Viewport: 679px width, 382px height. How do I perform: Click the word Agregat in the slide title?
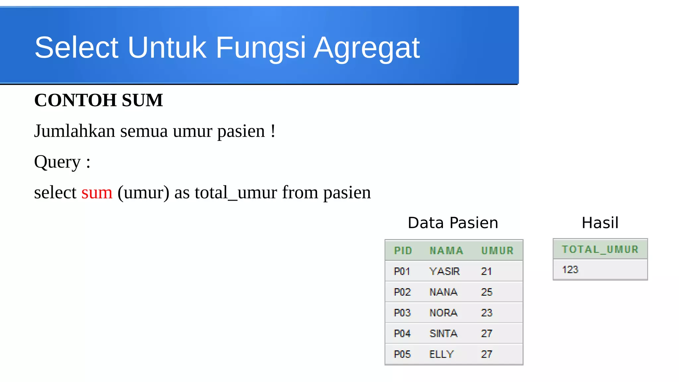366,48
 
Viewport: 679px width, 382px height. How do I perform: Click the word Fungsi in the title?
261,48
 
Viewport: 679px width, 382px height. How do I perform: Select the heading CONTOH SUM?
98,100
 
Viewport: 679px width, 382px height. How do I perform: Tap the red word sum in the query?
97,193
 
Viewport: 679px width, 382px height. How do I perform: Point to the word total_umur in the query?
236,193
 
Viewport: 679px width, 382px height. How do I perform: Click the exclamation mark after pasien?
273,131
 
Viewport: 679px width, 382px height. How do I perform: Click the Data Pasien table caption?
453,223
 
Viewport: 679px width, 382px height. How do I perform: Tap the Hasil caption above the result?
600,223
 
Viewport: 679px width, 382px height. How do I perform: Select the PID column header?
403,250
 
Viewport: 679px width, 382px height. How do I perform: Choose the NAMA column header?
446,250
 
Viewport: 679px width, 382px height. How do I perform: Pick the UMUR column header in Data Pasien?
497,250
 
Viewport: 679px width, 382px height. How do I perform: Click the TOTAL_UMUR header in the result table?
600,249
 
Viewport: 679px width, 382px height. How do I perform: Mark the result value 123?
570,270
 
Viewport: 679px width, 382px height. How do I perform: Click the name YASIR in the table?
444,271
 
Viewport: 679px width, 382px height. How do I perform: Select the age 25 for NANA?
486,292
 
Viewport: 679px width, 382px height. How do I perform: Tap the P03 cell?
402,313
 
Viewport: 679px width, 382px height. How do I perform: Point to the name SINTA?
443,334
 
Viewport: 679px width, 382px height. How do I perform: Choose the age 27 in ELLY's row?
486,354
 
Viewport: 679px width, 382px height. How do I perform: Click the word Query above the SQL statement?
57,162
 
